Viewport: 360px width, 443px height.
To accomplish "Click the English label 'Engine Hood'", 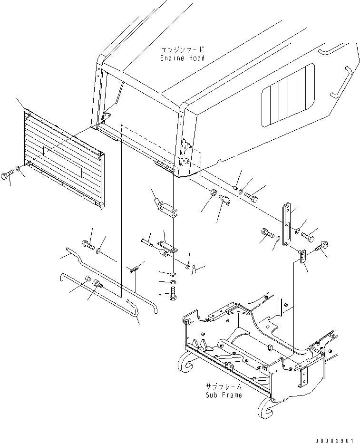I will point(182,58).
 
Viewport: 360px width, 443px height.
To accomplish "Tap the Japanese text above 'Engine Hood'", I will point(182,50).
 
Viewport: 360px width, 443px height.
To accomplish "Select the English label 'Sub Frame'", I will point(224,395).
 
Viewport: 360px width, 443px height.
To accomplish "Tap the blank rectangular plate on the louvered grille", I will point(63,162).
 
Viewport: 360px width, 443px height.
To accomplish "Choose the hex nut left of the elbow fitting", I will point(214,193).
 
